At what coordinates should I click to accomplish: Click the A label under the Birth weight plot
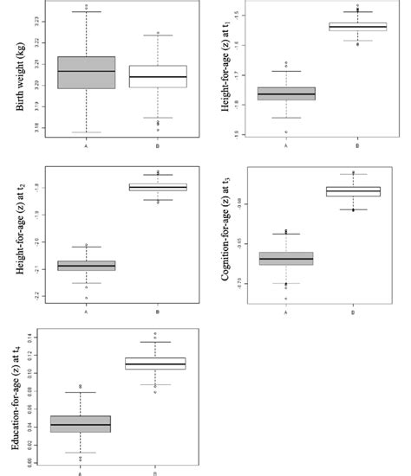point(86,145)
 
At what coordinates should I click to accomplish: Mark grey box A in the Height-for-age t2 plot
point(86,266)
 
